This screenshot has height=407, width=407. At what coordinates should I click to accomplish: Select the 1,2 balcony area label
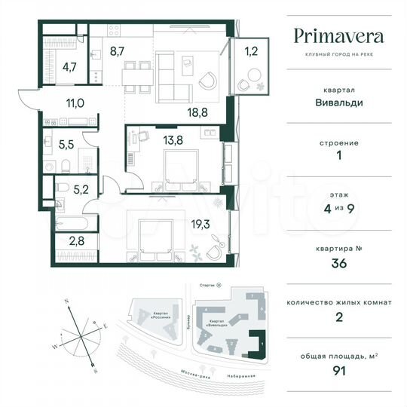[250, 52]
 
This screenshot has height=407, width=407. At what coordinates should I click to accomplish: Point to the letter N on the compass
[67, 301]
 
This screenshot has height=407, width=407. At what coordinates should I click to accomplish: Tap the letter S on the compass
[93, 372]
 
